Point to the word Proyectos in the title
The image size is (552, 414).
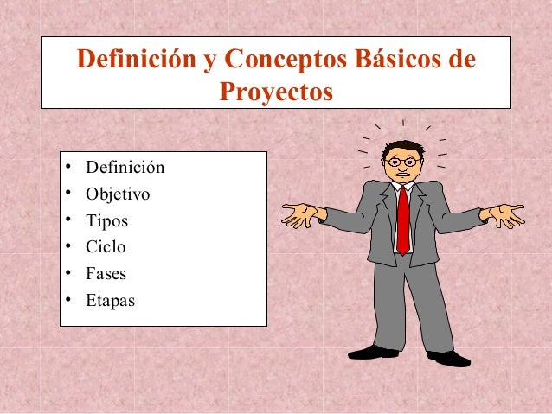pyautogui.click(x=276, y=90)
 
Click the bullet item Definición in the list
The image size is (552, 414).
pyautogui.click(x=125, y=167)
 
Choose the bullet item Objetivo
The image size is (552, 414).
pyautogui.click(x=117, y=194)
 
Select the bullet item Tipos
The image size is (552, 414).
pyautogui.click(x=106, y=220)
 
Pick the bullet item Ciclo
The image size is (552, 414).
pyautogui.click(x=106, y=247)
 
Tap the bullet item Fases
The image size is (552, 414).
pyautogui.click(x=106, y=274)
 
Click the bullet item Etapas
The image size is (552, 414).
pyautogui.click(x=110, y=301)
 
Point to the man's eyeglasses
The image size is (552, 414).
pyautogui.click(x=403, y=162)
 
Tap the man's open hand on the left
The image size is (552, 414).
pyautogui.click(x=302, y=214)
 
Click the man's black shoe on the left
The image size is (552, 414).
pyautogui.click(x=373, y=352)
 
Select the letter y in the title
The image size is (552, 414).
pyautogui.click(x=209, y=61)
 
